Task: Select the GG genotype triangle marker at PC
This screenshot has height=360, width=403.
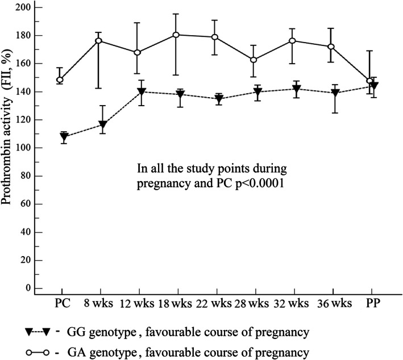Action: click(64, 137)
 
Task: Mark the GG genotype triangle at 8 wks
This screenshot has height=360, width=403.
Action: click(102, 124)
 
